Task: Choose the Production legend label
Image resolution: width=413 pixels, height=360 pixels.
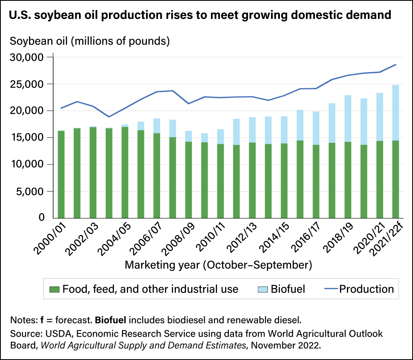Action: click(x=366, y=289)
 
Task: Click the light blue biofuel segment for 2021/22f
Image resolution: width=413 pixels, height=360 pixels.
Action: click(x=395, y=112)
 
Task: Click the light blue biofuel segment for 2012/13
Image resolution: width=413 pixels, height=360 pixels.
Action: click(x=252, y=130)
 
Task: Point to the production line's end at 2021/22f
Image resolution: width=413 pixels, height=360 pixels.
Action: click(x=396, y=65)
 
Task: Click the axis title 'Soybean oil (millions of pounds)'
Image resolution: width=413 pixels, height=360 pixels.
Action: click(x=90, y=41)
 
